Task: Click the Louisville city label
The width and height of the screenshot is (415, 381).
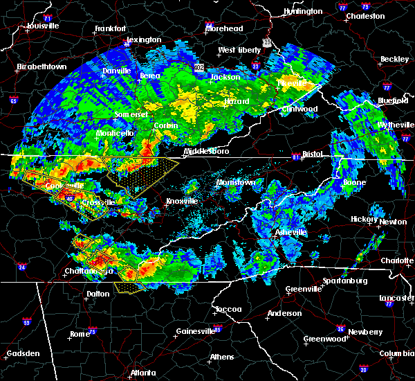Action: (43, 26)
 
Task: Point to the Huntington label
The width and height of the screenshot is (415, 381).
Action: (303, 12)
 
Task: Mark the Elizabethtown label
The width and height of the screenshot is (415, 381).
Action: (41, 67)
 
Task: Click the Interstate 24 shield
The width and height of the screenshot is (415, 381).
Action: (23, 267)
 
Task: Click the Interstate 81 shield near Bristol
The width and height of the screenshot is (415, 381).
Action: (297, 155)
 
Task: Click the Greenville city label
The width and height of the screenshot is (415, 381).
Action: (303, 289)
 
